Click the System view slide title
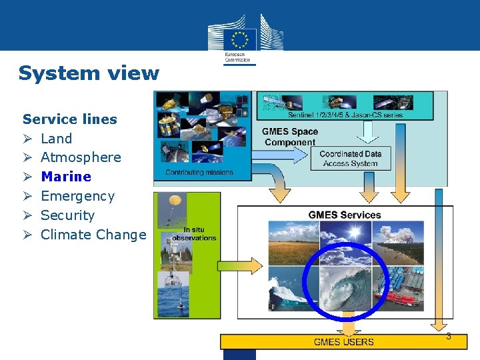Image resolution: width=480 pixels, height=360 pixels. point(89,73)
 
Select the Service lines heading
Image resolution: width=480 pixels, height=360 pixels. point(69,119)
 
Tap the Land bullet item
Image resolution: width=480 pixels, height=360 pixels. point(56,139)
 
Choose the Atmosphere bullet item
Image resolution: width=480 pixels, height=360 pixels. point(81,157)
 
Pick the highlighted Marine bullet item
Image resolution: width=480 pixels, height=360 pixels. point(65,177)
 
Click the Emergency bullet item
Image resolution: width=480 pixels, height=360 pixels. point(77,196)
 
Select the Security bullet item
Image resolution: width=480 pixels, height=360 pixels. point(67,215)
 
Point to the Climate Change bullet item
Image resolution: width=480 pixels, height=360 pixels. point(93,235)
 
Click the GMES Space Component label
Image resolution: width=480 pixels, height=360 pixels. point(289,137)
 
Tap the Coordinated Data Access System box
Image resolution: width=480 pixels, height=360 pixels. point(350,159)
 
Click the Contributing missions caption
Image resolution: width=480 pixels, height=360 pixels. point(199,172)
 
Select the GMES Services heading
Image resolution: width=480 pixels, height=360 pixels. point(344,215)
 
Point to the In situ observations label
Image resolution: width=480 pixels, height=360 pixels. point(194,234)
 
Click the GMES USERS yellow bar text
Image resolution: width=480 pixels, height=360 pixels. point(344,342)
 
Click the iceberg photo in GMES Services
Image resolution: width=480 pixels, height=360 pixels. point(293,288)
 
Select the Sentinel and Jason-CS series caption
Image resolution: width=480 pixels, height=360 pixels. point(345,115)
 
